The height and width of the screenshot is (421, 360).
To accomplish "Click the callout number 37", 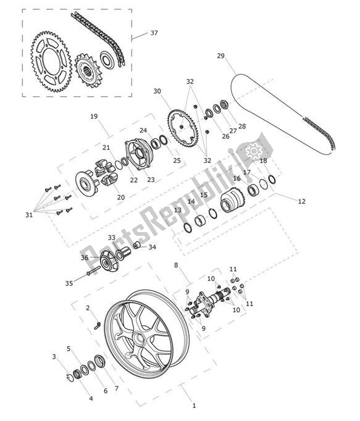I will click(x=154, y=33).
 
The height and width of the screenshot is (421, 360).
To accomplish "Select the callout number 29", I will click(x=220, y=56).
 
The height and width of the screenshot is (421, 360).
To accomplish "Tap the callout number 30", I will click(x=158, y=91).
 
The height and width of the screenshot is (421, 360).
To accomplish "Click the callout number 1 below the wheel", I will click(x=193, y=406).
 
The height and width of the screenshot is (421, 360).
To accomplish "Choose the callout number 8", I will click(x=176, y=265).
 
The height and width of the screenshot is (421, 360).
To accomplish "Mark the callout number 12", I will click(x=301, y=201).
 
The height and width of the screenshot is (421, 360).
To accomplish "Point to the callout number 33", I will click(x=111, y=237).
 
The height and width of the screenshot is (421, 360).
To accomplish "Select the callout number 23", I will click(x=150, y=180).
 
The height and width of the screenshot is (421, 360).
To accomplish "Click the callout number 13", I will click(x=177, y=210).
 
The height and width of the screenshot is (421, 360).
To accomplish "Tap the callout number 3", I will click(x=54, y=357).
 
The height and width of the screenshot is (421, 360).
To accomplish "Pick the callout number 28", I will click(x=241, y=127).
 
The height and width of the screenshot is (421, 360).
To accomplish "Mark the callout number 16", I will click(x=237, y=178).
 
